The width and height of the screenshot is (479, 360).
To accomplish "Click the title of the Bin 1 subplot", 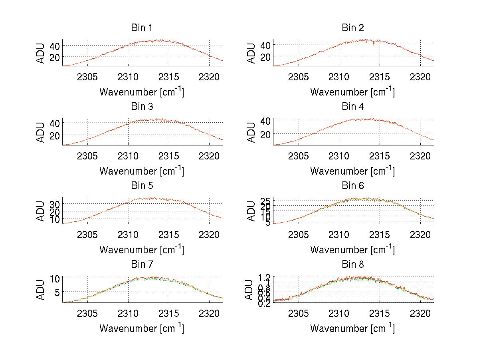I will [x=141, y=28].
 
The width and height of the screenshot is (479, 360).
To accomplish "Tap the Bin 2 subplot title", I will [x=352, y=28].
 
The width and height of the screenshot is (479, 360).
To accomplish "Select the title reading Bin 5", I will [x=141, y=186].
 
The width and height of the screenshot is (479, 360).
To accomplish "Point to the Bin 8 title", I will [x=352, y=265].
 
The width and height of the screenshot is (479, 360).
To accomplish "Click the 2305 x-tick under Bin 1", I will [x=87, y=77].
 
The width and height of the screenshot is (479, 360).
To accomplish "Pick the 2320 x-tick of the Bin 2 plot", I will [x=420, y=77].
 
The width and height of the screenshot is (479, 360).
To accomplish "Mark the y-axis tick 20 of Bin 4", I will [x=265, y=134].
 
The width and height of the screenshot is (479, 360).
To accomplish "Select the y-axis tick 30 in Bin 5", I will [x=54, y=204].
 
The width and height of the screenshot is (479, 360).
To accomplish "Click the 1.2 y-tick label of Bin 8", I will [x=265, y=277].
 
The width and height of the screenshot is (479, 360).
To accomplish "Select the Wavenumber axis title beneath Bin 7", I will [x=141, y=328].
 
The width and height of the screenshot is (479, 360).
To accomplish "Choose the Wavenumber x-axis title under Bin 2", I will [x=352, y=92].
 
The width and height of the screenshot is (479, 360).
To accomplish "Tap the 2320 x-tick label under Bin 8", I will [x=420, y=313].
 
